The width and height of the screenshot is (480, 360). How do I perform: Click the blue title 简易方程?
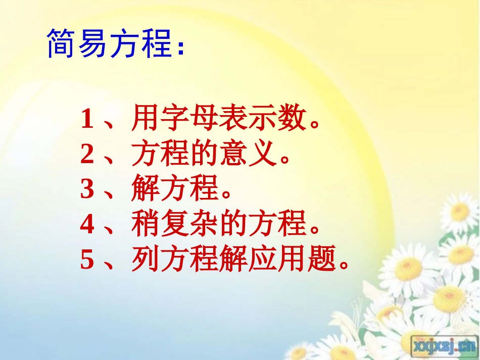coord(109,44)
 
